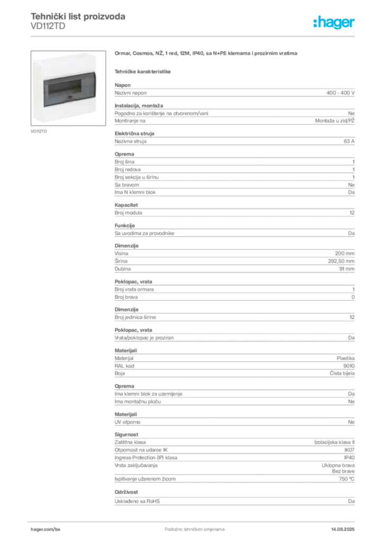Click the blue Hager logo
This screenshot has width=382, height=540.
(335, 23)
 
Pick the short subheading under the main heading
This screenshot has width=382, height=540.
(143, 71)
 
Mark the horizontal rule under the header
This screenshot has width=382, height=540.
(194, 36)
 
